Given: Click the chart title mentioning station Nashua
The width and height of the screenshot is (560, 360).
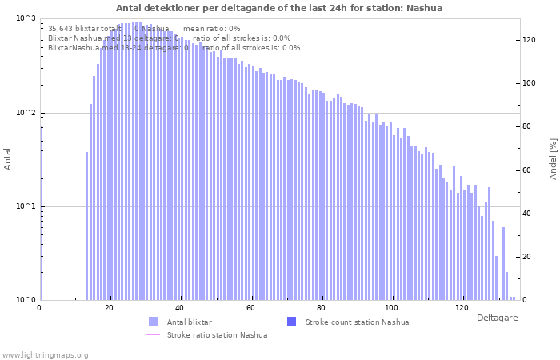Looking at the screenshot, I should (x=279, y=8).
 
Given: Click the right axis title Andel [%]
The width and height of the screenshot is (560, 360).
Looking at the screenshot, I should (x=553, y=158).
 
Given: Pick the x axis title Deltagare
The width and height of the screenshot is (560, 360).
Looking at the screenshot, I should (x=498, y=318).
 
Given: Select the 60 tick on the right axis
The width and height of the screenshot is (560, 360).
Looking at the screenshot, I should (x=528, y=170).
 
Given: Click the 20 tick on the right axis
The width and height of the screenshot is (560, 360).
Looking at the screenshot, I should (x=528, y=257).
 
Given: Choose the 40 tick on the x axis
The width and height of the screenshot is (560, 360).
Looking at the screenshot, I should (x=179, y=308).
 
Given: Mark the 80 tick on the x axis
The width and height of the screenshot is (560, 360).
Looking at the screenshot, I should (x=321, y=308).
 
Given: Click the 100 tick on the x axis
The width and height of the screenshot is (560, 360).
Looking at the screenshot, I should (x=391, y=308).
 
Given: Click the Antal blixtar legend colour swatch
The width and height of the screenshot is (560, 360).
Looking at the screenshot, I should (x=154, y=322).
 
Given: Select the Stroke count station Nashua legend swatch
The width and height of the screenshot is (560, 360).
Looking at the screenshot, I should (x=291, y=322).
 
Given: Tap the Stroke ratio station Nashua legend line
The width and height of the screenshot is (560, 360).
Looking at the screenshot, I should (x=154, y=334).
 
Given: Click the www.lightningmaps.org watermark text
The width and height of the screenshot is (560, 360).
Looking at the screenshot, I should (x=46, y=354).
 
